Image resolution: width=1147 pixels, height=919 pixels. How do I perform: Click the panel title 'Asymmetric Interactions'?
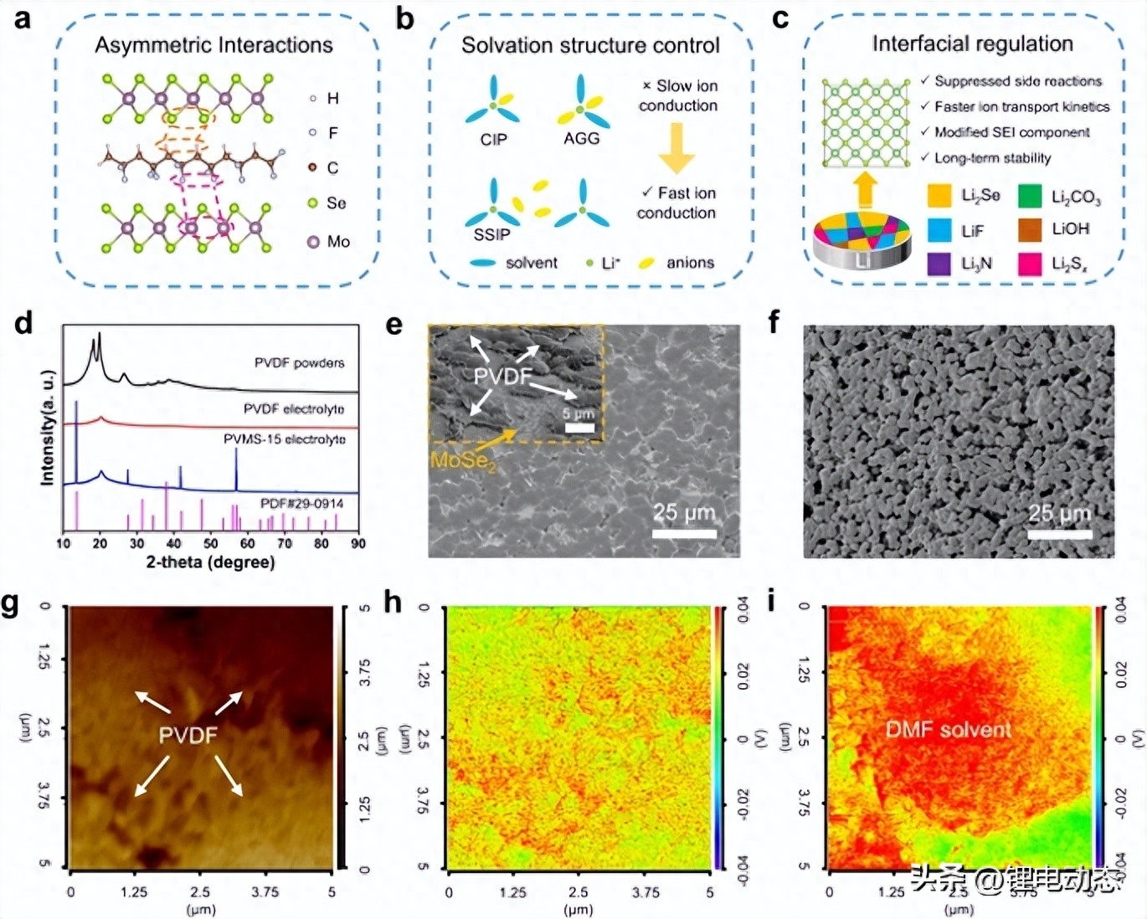coord(213,45)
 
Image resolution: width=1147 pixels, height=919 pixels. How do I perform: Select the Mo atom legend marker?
coord(314,242)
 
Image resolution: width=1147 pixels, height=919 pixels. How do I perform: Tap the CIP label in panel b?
coord(493,140)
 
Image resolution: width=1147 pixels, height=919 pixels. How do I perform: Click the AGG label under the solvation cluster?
coord(581,139)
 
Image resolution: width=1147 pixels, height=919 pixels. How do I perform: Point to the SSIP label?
coord(491,234)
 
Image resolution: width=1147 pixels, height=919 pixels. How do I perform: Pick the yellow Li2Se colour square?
coord(939,196)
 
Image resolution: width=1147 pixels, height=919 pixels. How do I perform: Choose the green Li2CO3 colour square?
coord(1030,196)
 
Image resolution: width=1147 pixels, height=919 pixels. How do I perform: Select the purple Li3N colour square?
coord(939,264)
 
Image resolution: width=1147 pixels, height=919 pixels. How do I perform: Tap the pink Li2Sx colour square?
coord(1030,264)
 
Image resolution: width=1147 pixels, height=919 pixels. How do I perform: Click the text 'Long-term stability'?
coord(992,158)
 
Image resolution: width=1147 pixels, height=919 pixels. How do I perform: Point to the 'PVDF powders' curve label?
coord(299,363)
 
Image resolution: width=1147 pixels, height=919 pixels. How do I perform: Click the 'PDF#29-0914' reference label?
coord(301,504)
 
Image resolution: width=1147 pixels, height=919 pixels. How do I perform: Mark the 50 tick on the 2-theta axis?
coord(211,543)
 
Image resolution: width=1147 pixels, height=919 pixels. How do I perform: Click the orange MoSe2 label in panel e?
coord(463,460)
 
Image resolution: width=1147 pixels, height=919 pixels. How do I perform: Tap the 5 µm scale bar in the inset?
coord(579,428)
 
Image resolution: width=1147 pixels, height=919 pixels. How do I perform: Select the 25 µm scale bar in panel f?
coord(1059,533)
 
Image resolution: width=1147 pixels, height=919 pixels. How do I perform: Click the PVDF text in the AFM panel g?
coord(188,735)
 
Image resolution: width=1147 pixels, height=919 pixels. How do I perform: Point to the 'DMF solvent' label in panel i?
coord(949,730)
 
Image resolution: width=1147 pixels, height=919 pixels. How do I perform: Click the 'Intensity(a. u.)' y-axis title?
coord(48,428)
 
